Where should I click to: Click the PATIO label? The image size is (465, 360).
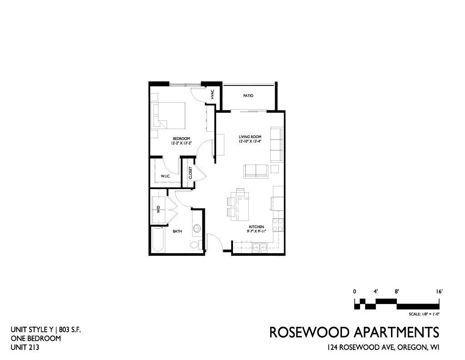tap(248, 96)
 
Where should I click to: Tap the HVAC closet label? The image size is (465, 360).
tap(213, 95)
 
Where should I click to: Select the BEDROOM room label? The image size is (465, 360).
tap(182, 139)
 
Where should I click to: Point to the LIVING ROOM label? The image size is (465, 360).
tap(250, 137)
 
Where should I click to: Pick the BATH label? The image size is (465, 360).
tap(178, 231)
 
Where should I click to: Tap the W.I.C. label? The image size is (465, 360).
tap(165, 176)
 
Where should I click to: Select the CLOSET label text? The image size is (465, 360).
tap(190, 173)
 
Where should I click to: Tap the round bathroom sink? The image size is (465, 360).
tap(197, 229)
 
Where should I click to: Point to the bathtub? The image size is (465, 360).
tap(158, 240)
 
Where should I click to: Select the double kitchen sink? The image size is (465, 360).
tap(260, 247)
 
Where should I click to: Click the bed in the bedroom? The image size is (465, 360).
tap(168, 115)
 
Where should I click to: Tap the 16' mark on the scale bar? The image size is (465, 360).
tap(439, 291)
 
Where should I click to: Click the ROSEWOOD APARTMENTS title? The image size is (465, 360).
tap(354, 332)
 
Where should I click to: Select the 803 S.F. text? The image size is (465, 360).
tap(70, 330)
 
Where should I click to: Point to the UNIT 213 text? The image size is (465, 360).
tap(25, 347)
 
